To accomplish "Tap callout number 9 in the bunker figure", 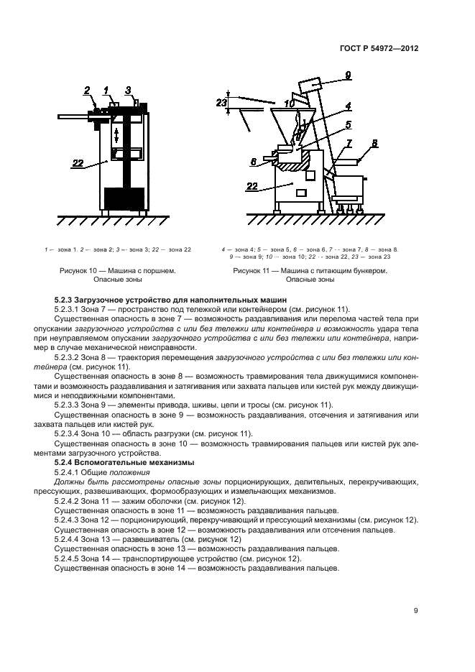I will (x=347, y=75).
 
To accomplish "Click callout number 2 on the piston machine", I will (x=87, y=91).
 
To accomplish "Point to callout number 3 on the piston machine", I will (x=127, y=91).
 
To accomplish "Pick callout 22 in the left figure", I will (x=79, y=164).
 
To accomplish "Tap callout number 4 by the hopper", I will (x=347, y=106).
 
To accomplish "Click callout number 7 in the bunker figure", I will (x=349, y=143).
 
